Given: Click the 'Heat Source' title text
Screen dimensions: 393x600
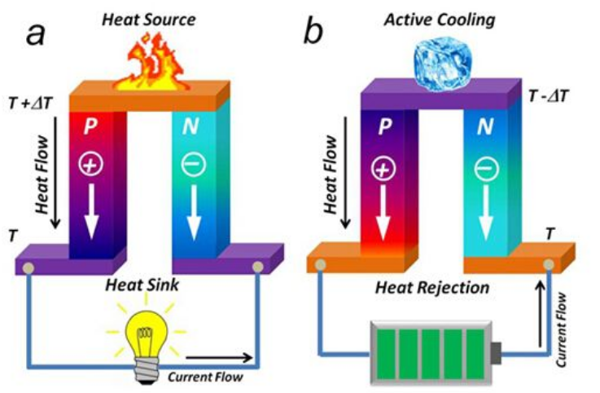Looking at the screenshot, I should tap(147, 17).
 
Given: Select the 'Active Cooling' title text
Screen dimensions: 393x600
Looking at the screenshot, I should tap(439, 17).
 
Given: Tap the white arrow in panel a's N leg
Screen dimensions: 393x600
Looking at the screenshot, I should tap(196, 213).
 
